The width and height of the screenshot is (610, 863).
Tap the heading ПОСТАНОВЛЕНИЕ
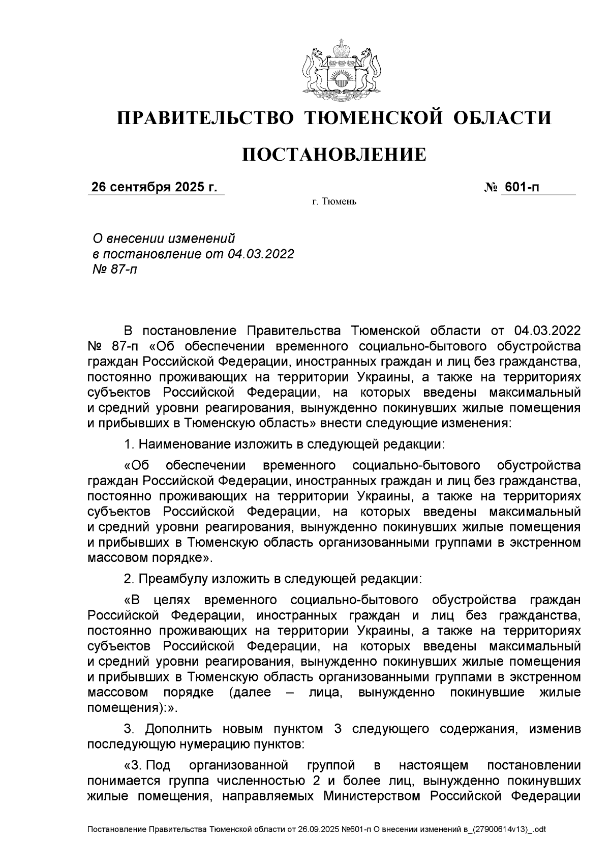coord(334,155)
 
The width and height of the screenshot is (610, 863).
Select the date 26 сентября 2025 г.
coord(154,188)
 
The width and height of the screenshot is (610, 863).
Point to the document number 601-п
coord(521,188)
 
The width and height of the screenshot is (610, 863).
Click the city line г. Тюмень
coord(334,202)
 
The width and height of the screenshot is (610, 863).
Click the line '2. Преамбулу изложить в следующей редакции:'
coord(273,579)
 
